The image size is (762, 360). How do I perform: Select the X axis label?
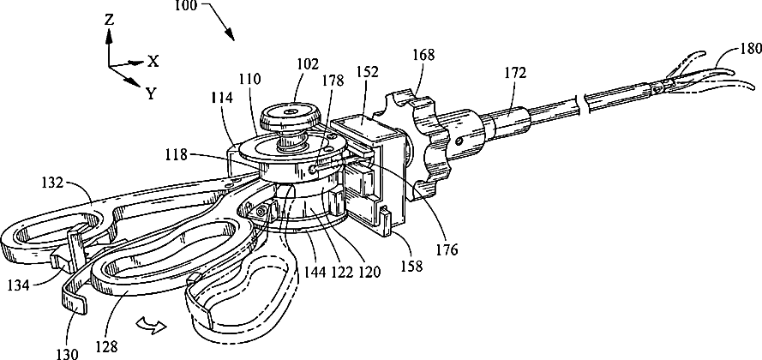coord(153,61)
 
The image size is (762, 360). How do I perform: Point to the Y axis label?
coord(151,93)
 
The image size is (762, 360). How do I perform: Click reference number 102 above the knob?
coord(308,63)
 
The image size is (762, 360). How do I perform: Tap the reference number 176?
coord(447,250)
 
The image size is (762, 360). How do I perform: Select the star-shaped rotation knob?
coord(424,141)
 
